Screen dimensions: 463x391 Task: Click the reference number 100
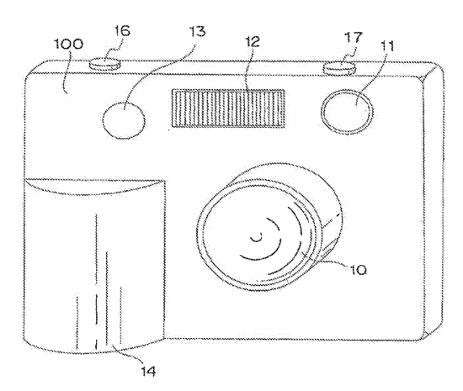point(68,45)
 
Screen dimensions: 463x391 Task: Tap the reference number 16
point(121,30)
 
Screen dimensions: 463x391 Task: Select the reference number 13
point(197,31)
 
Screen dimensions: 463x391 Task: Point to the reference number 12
point(252,41)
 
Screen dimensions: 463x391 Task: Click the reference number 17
point(354,38)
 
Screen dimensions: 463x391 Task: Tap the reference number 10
point(358,269)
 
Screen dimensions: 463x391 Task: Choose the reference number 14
point(147,371)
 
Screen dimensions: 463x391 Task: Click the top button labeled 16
point(105,64)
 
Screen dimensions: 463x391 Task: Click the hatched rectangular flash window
point(228,108)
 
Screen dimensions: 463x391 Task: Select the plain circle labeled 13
point(124,119)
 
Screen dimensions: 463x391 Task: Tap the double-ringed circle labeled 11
point(347,111)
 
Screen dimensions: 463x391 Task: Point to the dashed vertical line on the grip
point(96,320)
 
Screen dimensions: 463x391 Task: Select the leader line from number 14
point(128,355)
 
